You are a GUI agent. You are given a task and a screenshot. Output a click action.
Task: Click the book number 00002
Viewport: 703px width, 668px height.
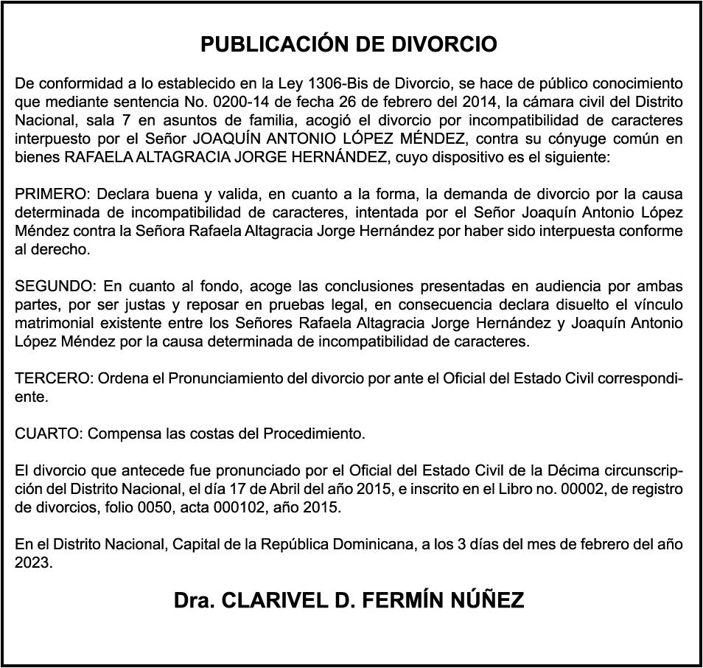pyautogui.click(x=540, y=489)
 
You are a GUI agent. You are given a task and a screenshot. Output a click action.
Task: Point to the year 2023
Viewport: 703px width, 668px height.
pyautogui.click(x=33, y=563)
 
